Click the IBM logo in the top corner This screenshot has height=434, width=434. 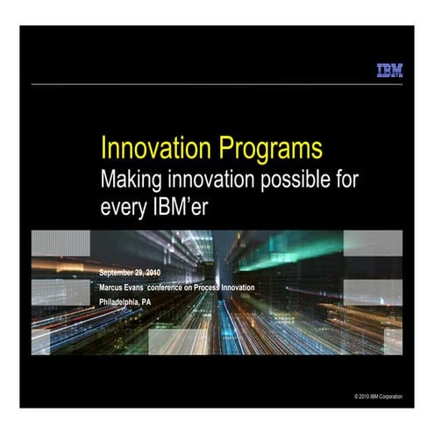click(x=389, y=70)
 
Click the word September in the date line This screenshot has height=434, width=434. click(x=120, y=272)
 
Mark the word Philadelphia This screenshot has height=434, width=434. click(x=121, y=301)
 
